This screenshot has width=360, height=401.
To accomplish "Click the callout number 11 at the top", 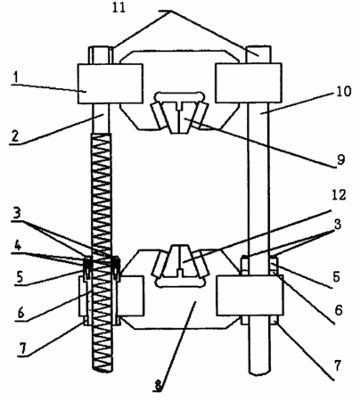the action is (119, 7).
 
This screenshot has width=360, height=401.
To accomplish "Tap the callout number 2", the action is (15, 135).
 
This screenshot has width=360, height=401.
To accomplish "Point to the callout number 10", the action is (344, 91).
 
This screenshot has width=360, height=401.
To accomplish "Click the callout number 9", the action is (340, 160).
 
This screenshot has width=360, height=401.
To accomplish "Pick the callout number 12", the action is (339, 195).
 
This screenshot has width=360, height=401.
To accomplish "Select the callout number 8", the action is (159, 386).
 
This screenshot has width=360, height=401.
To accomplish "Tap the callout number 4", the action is (19, 246).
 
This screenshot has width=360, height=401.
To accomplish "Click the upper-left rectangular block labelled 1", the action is (110, 84).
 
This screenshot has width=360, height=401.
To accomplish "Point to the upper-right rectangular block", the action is (249, 83).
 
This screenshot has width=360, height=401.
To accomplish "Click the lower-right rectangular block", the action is (250, 295).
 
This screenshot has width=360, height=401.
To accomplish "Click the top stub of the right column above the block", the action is (258, 54).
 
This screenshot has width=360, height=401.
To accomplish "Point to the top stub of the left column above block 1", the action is (101, 55).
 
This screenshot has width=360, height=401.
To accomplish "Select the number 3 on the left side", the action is (16, 213).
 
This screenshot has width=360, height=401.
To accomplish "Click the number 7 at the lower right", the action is (337, 365).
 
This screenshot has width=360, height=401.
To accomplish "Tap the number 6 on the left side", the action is (20, 312).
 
